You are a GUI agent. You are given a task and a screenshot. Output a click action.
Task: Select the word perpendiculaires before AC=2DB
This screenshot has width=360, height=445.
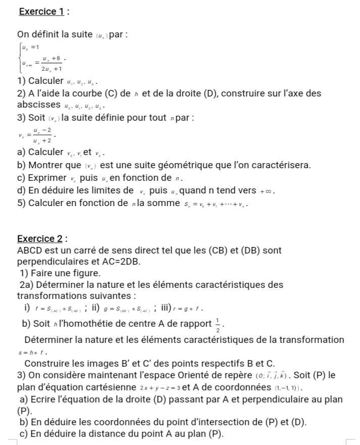[x=55, y=262]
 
